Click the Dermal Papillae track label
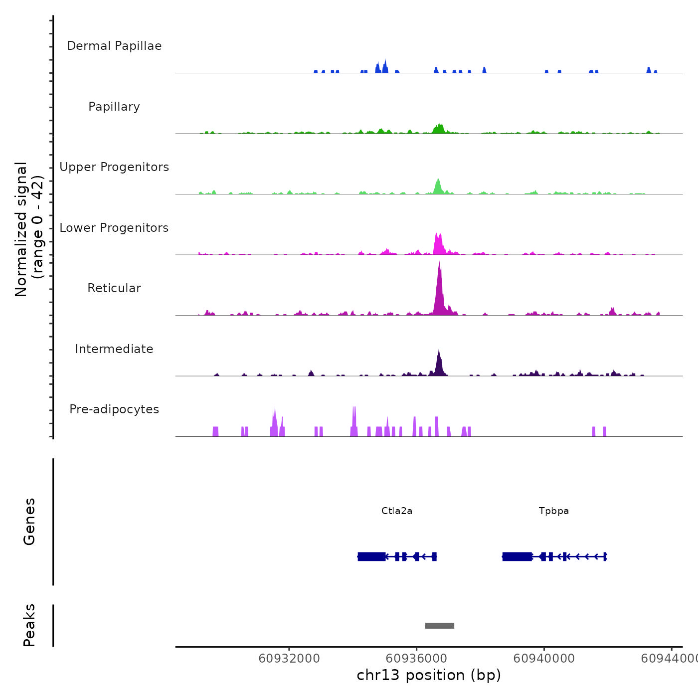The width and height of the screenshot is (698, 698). point(114,46)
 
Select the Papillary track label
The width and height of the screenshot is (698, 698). point(114,107)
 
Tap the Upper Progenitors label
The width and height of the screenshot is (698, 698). point(114,167)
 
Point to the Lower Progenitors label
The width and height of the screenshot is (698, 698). point(114,228)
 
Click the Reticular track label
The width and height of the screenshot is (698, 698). point(114,288)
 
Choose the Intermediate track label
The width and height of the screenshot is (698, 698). point(114,349)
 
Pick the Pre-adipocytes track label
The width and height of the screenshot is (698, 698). point(114,409)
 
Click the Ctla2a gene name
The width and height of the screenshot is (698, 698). point(397,511)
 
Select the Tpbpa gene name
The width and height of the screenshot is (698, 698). point(553,511)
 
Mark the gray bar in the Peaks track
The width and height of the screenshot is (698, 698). point(439,626)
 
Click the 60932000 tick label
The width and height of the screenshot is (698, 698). point(289,659)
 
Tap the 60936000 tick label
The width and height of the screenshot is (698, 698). point(417,659)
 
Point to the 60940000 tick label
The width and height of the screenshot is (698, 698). point(544,659)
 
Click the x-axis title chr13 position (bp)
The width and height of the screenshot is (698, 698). point(429,675)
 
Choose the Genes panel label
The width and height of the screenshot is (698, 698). point(29,522)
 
